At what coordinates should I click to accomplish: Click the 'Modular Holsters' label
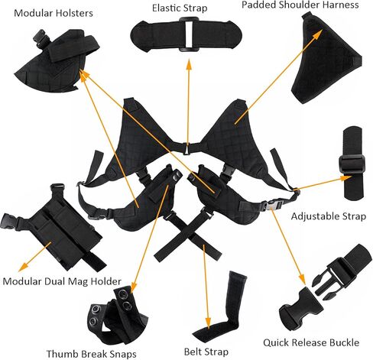(x=54, y=13)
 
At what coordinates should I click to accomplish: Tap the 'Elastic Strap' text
(x=180, y=8)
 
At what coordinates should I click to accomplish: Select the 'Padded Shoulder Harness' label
(x=300, y=5)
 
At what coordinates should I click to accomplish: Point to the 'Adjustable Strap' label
(x=329, y=216)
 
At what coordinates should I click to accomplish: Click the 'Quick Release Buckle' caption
(x=311, y=342)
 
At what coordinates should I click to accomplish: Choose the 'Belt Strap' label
(x=206, y=352)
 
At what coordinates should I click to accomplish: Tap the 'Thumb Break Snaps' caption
(x=91, y=354)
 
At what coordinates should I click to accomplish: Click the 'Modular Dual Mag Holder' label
(x=62, y=281)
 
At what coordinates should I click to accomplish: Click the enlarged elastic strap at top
(x=186, y=34)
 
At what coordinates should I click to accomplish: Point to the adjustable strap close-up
(x=353, y=163)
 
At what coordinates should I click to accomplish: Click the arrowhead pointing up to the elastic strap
(x=189, y=64)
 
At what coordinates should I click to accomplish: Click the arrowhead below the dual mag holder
(x=23, y=267)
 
